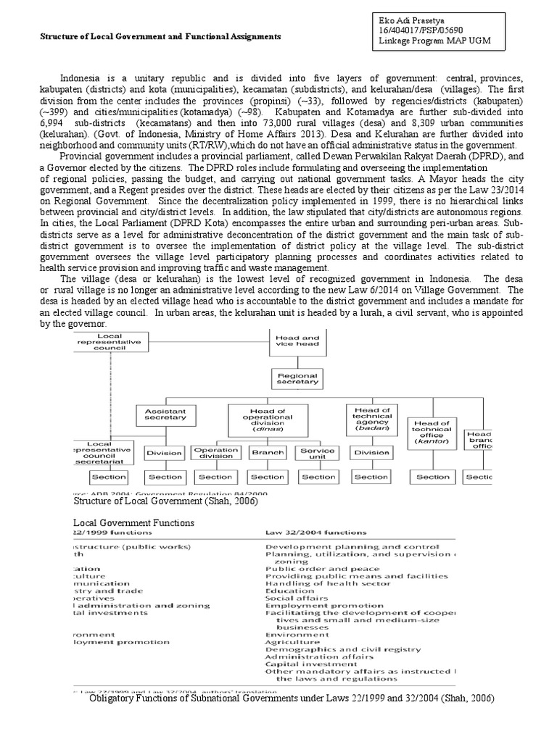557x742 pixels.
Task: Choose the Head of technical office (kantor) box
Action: [x=432, y=431]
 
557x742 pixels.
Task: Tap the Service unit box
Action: [x=318, y=454]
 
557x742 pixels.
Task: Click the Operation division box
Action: [x=215, y=454]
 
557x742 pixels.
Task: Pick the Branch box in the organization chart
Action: [x=267, y=453]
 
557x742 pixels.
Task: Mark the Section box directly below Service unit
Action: [x=318, y=477]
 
